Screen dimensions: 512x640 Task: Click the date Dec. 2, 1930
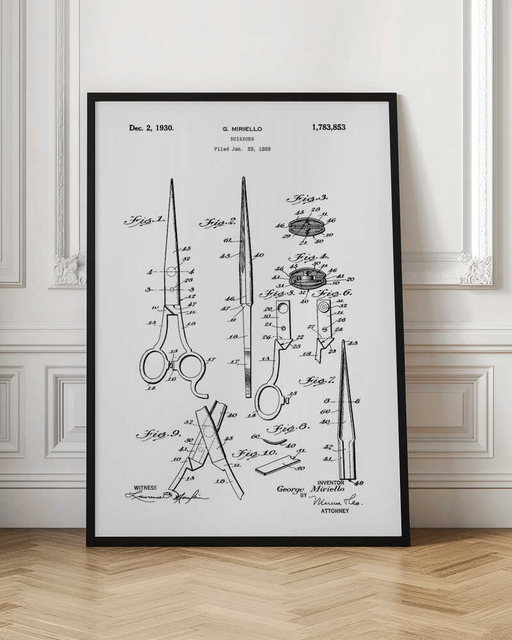coord(151,128)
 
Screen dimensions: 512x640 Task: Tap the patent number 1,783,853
coord(328,127)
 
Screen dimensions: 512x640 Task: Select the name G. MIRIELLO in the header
coord(242,129)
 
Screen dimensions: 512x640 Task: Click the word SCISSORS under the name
coord(242,139)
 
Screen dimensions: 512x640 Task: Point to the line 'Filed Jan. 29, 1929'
coord(242,149)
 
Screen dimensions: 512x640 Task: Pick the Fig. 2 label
coord(218,223)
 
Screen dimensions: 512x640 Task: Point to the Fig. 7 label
coord(316,381)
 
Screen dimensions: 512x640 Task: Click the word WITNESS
coord(145,488)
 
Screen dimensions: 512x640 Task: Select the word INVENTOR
coord(330,483)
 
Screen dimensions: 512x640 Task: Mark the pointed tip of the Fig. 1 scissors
coord(172,182)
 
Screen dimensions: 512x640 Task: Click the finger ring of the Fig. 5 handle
coord(269,401)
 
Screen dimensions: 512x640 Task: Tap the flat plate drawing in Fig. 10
coord(278,465)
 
